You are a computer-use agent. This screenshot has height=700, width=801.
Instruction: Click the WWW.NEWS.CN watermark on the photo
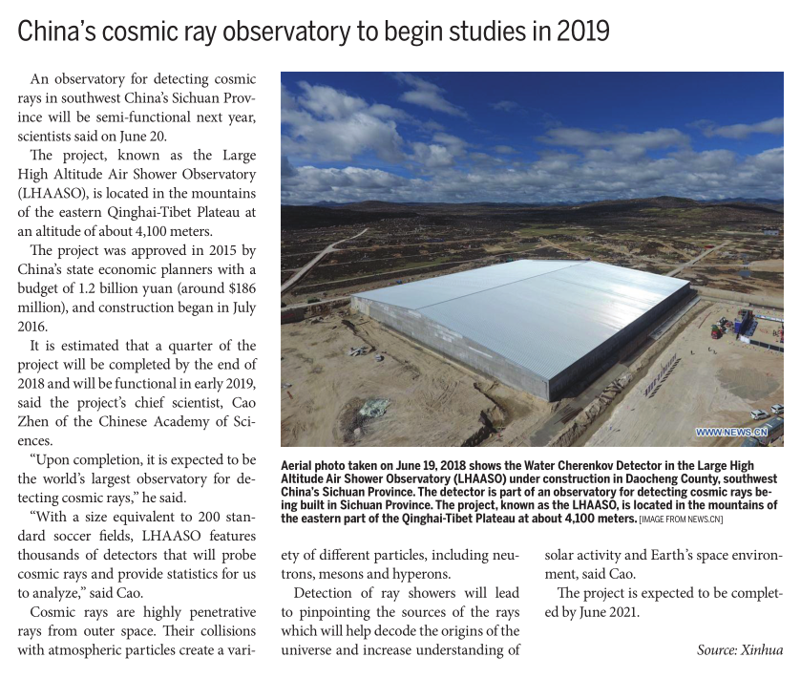coord(731,433)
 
